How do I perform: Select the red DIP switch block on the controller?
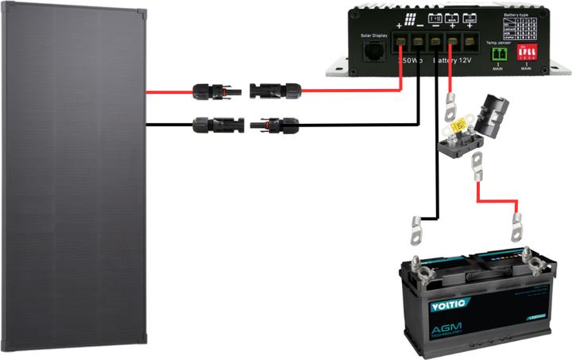[526, 52]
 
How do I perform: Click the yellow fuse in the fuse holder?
[460, 127]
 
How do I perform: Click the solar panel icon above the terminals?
[410, 21]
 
